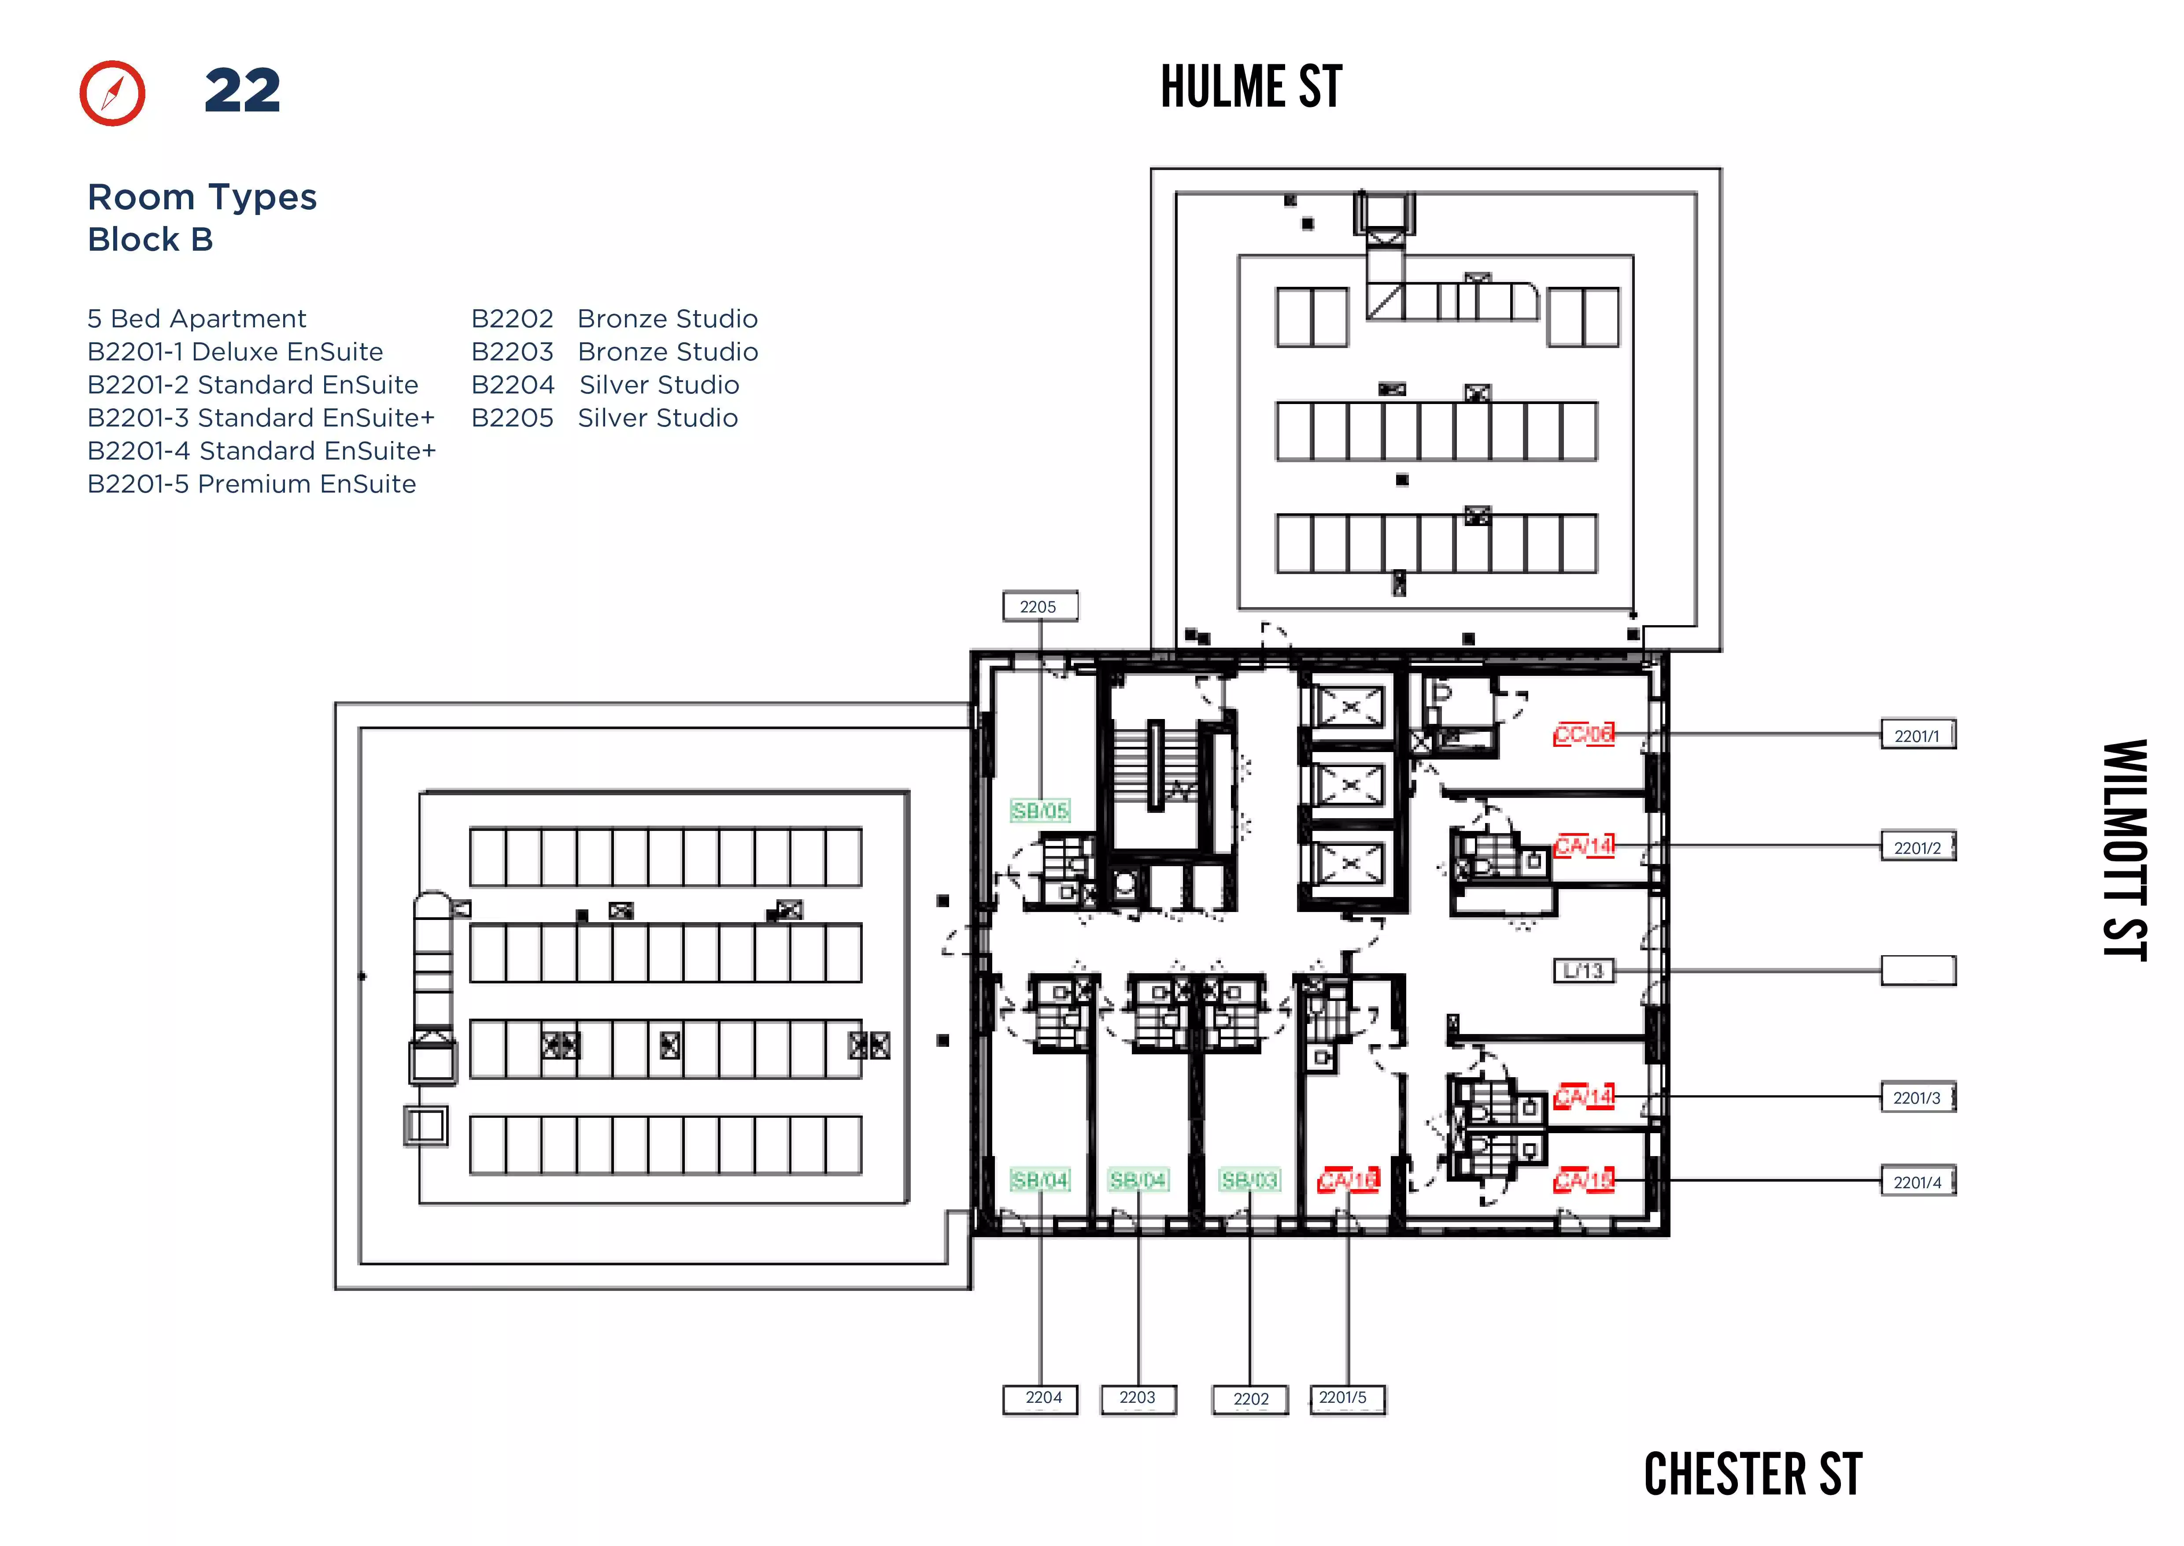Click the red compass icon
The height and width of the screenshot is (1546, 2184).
[112, 93]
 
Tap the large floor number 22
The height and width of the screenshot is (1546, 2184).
[243, 91]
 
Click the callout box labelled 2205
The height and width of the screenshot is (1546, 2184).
[1039, 606]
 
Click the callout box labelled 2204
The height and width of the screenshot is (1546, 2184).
[1041, 1398]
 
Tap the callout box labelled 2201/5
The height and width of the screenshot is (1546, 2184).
[1345, 1398]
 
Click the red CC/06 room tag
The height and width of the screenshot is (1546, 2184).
[1584, 734]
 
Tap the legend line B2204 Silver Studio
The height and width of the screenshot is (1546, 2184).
[605, 385]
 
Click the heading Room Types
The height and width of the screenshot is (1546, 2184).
[202, 197]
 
